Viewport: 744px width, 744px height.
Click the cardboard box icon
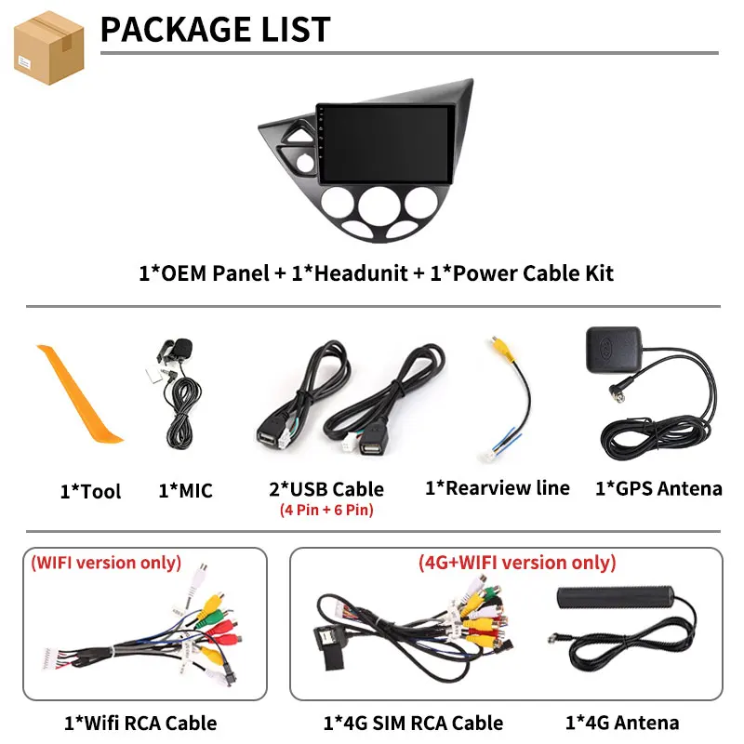(49, 47)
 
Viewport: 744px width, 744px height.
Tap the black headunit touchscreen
(386, 144)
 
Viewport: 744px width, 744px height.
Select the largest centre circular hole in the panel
(379, 206)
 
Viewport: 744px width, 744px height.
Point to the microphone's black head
(181, 347)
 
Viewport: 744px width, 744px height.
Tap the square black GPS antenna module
(614, 350)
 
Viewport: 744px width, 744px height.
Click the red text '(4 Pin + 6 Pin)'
(326, 510)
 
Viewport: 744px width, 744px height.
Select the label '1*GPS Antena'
(658, 488)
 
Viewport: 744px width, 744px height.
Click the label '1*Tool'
(90, 491)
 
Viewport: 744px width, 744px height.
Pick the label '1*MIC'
(185, 491)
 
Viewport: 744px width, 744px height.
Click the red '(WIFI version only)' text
(106, 563)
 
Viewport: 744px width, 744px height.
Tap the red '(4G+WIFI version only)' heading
(517, 563)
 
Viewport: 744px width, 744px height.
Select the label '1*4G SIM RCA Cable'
(413, 724)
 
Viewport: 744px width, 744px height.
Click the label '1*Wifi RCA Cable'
(140, 724)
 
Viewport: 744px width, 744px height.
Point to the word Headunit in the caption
(361, 273)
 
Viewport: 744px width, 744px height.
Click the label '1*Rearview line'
(498, 488)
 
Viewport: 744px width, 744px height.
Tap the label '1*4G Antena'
(622, 723)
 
